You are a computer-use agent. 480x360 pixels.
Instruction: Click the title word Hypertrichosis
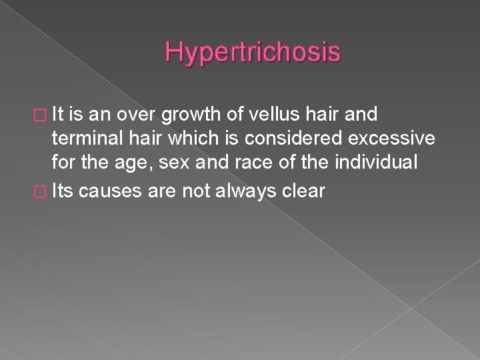click(x=253, y=51)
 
